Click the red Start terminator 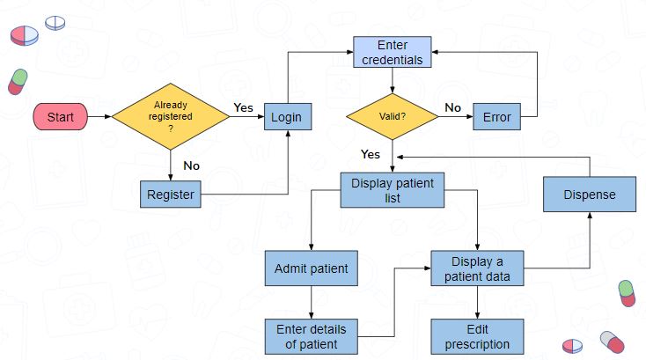(60, 116)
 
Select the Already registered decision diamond (171, 116)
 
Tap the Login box (288, 116)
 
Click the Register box (171, 194)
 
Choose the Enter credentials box (393, 52)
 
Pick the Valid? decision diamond (393, 116)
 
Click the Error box (497, 116)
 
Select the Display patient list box (393, 190)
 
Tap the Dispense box (590, 194)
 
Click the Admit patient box (311, 268)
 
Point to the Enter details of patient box (311, 336)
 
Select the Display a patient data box (478, 268)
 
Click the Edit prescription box (478, 336)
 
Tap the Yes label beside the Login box (243, 107)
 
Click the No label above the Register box (192, 165)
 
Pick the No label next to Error (452, 107)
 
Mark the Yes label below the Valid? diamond (371, 154)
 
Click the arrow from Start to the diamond (99, 116)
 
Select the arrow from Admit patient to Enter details (311, 302)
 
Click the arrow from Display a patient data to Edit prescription (478, 302)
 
